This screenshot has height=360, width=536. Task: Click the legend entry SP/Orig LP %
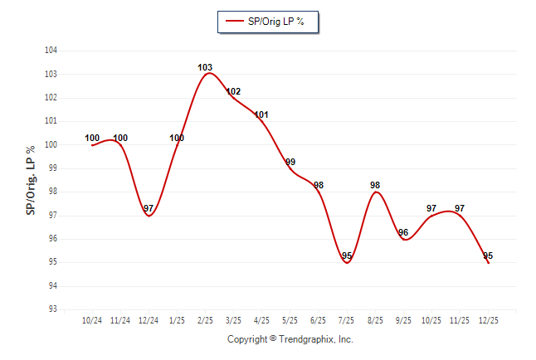pos(268,22)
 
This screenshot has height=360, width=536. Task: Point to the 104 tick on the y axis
pos(51,51)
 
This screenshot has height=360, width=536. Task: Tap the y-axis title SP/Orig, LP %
pos(31,180)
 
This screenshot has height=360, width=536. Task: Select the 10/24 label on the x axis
pos(92,320)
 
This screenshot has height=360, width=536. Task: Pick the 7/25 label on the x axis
pos(347,320)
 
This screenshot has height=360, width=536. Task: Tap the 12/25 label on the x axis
pos(488,320)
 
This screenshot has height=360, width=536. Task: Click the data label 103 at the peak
pos(206,67)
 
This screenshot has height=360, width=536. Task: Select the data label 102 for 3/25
pos(233,91)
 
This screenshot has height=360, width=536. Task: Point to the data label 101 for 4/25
pos(261,114)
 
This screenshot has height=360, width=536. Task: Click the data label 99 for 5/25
pos(290,162)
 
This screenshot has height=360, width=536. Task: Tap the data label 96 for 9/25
pos(403,232)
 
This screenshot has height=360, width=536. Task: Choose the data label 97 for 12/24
pos(149,208)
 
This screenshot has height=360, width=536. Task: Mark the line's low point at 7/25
pos(347,262)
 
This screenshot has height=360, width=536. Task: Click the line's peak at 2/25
pos(207,74)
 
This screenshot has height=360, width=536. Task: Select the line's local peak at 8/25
pos(375,192)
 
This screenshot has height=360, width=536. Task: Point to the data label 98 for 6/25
pos(319,185)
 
